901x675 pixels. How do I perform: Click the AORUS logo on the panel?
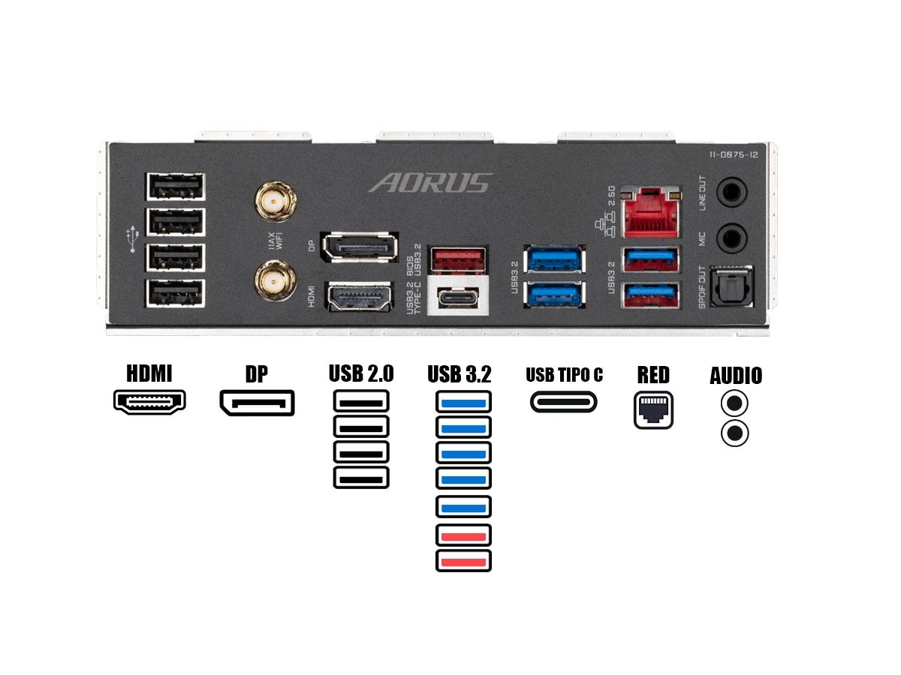[432, 183]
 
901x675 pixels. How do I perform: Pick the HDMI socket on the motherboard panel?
[360, 296]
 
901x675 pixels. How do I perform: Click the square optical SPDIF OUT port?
[731, 286]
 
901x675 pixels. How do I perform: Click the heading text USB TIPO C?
[564, 375]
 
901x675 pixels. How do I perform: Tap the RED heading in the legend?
[653, 375]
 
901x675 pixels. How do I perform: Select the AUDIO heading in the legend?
[736, 376]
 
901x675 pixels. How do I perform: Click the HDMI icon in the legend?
[149, 402]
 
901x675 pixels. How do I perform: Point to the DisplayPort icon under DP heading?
[257, 403]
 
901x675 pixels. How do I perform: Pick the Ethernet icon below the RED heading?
[653, 409]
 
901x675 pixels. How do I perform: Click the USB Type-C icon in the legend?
[564, 402]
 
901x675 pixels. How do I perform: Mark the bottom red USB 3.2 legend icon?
[463, 561]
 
